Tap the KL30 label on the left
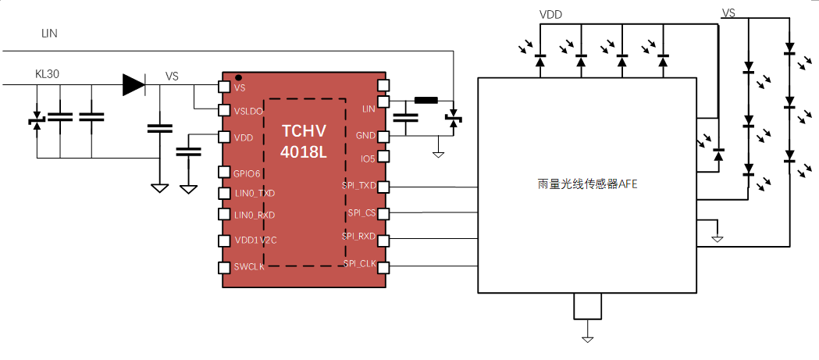pyautogui.click(x=48, y=74)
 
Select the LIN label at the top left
pyautogui.click(x=49, y=33)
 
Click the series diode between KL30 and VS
pyautogui.click(x=134, y=84)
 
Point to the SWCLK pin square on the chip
pyautogui.click(x=223, y=267)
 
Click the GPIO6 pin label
pyautogui.click(x=247, y=173)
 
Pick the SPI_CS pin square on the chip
pyautogui.click(x=383, y=212)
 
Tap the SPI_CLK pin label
pyautogui.click(x=359, y=264)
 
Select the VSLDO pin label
pyautogui.click(x=248, y=111)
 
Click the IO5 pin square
pyautogui.click(x=383, y=158)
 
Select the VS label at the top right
pyautogui.click(x=728, y=13)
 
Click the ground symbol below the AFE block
pyautogui.click(x=587, y=338)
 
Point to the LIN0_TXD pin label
pyautogui.click(x=255, y=193)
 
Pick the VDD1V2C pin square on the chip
pyautogui.click(x=223, y=241)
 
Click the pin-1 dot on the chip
pyautogui.click(x=238, y=77)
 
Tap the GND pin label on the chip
pyautogui.click(x=365, y=135)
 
